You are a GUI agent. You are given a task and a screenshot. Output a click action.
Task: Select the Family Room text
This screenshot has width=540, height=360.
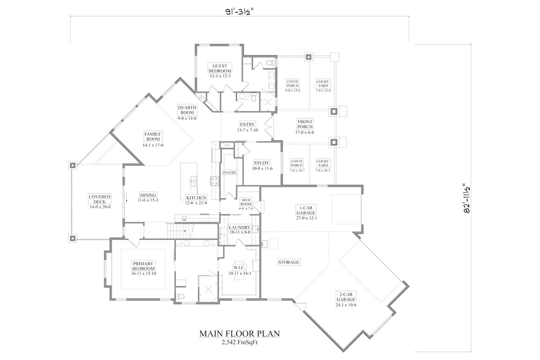tap(153, 136)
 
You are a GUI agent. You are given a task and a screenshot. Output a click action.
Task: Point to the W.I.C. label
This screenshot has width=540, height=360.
tap(238, 267)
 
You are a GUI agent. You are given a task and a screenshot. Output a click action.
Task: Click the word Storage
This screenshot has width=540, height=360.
tap(289, 262)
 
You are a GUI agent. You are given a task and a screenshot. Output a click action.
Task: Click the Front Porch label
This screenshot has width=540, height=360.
tap(305, 124)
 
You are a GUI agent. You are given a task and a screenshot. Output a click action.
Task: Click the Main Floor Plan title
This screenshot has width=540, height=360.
tap(239, 334)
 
